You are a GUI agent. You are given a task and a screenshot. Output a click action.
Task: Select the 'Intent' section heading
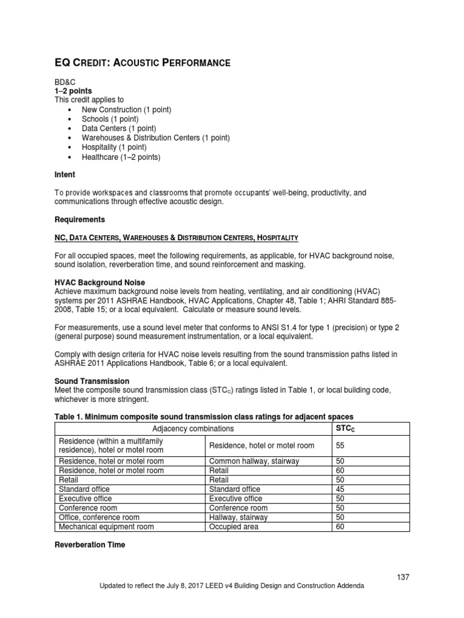click(x=65, y=174)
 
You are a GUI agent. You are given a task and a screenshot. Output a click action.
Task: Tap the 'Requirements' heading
click(x=80, y=220)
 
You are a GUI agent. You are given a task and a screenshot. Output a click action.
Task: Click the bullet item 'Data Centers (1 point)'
click(x=119, y=129)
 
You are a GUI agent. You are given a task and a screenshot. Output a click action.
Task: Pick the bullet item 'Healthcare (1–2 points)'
click(x=121, y=157)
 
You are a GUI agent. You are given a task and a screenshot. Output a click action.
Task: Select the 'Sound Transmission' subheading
click(x=92, y=381)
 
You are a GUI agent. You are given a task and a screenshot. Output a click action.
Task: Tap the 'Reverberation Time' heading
click(x=90, y=544)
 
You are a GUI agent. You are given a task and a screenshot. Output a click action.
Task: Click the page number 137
click(x=404, y=577)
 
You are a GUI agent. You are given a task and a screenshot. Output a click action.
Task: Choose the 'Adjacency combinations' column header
click(x=193, y=428)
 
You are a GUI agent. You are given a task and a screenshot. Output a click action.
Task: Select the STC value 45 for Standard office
click(x=340, y=489)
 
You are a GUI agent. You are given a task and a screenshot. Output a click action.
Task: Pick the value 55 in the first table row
click(x=340, y=445)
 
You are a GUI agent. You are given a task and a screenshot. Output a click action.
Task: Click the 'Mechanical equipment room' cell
click(x=106, y=526)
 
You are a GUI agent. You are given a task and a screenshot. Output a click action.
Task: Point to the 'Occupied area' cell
click(x=233, y=526)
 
